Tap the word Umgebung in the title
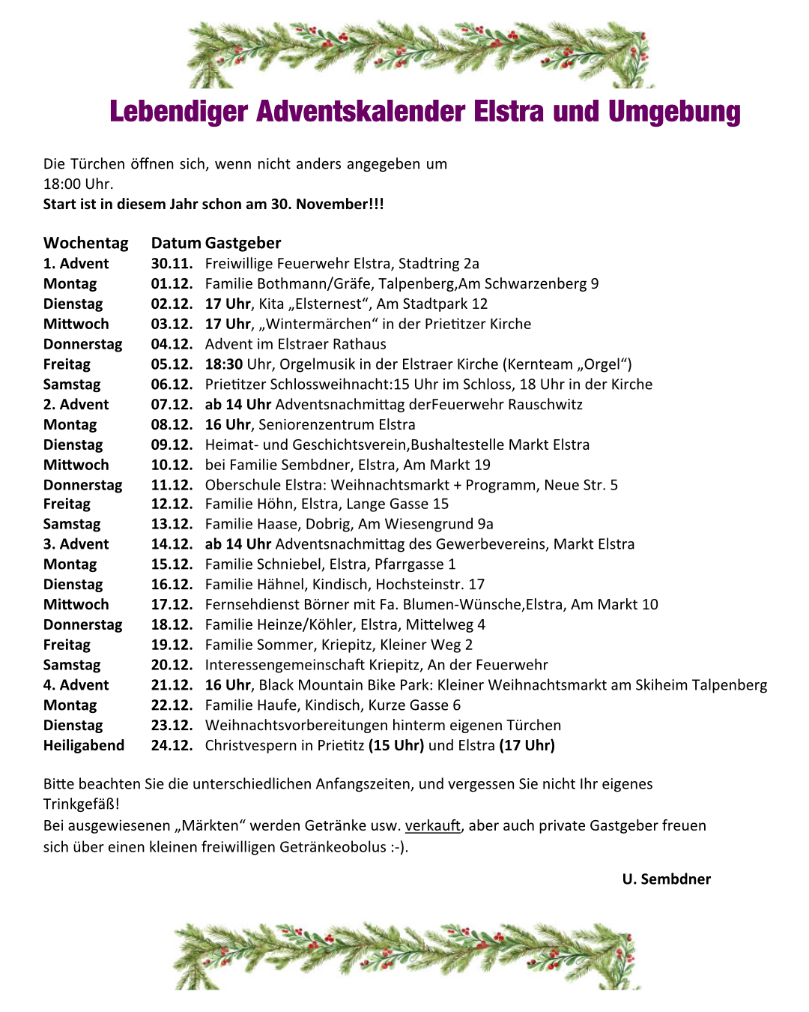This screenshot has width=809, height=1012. [x=674, y=112]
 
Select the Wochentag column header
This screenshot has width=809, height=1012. [x=86, y=243]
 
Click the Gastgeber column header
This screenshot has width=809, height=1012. [x=243, y=243]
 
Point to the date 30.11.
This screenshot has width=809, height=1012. [x=172, y=264]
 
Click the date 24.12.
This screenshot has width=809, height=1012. [x=172, y=746]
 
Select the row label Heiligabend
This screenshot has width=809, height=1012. [x=84, y=746]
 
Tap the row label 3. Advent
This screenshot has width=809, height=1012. [x=76, y=544]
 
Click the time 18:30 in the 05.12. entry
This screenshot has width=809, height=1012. [x=224, y=364]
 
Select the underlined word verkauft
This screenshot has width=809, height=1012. [x=433, y=825]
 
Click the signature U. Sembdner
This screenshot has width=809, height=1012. [x=666, y=879]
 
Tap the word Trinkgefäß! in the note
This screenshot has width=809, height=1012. [x=82, y=804]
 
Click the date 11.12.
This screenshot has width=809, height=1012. [x=172, y=485]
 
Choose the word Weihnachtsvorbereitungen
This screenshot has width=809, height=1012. [x=296, y=726]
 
